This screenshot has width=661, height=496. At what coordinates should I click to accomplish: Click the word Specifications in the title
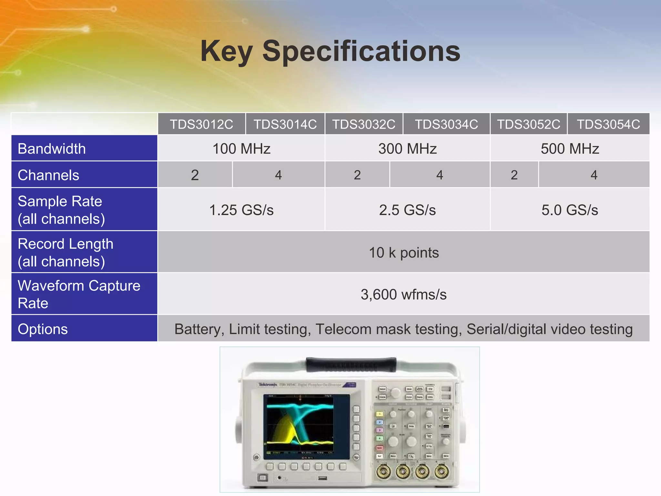tap(361, 52)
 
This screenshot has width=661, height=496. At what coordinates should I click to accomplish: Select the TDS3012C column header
tap(201, 124)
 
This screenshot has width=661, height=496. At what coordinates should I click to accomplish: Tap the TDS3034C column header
tap(446, 124)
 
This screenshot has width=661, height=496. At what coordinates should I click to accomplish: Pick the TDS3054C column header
tap(608, 124)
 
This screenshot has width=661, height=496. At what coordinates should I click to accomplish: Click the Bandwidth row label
tap(52, 149)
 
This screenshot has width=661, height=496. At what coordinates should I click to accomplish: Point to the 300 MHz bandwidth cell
tap(407, 149)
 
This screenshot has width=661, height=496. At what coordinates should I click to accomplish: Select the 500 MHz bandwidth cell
tap(570, 149)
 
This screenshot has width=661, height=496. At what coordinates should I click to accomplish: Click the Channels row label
tap(48, 175)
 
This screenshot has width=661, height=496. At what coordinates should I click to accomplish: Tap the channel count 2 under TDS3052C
tap(514, 175)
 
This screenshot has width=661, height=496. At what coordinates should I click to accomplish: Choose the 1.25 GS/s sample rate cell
tap(241, 210)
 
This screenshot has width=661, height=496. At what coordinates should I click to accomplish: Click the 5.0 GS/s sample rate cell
tap(570, 210)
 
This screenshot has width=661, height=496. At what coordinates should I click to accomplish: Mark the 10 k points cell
tap(403, 253)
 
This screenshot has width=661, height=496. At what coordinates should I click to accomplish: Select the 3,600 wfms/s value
tap(403, 294)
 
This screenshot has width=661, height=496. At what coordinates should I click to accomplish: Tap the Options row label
tap(43, 329)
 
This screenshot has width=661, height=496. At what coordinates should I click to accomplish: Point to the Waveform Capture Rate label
tap(79, 294)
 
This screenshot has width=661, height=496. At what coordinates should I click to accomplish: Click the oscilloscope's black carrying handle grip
tap(351, 364)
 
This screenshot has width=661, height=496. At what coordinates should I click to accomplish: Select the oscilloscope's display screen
tap(306, 426)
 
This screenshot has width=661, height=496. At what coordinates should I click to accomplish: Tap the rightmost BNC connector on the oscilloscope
tap(441, 472)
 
